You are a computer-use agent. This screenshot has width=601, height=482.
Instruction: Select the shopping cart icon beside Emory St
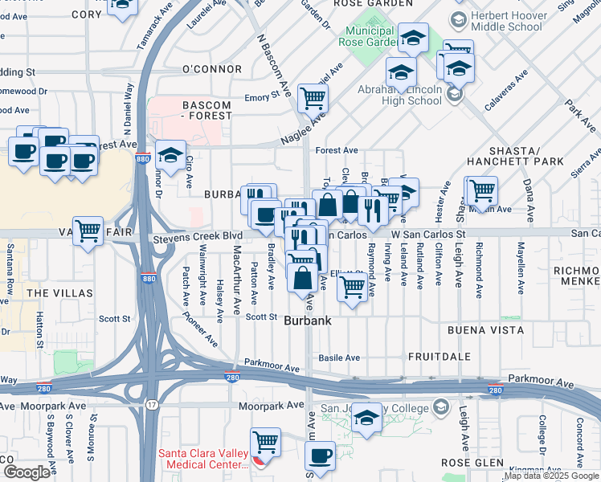coord(312,98)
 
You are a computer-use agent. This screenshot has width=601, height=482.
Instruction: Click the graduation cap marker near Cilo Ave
coord(170,153)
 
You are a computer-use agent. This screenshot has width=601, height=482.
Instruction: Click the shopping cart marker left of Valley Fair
coord(88,231)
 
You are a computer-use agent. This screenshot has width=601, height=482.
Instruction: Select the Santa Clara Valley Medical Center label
coord(205,459)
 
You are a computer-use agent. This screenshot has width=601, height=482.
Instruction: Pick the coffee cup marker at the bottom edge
coord(321,455)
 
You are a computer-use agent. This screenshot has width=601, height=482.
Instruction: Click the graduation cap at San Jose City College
coord(366,419)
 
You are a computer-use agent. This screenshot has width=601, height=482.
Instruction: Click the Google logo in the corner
coord(27,472)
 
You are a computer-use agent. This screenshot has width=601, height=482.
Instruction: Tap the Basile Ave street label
coord(339,357)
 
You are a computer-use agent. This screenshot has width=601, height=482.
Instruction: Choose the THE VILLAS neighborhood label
coord(59,293)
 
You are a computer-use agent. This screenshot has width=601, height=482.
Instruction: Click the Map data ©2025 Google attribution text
coord(551,476)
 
